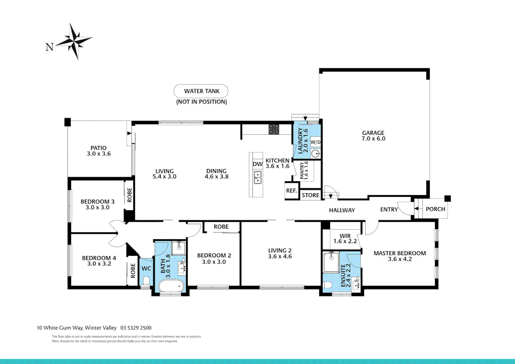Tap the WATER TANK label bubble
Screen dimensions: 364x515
pyautogui.click(x=201, y=91)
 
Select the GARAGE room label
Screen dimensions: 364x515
pyautogui.click(x=373, y=133)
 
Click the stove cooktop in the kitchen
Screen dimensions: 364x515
pyautogui.click(x=274, y=129)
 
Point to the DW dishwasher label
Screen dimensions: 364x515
pyautogui.click(x=257, y=164)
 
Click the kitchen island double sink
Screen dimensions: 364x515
pyautogui.click(x=257, y=177)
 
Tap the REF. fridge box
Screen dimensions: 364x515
pyautogui.click(x=292, y=191)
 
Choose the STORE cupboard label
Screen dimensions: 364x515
pyautogui.click(x=310, y=195)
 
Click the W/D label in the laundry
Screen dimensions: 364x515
pyautogui.click(x=315, y=142)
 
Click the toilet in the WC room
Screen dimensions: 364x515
pyautogui.click(x=146, y=280)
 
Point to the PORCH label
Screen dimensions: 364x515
pyautogui.click(x=435, y=209)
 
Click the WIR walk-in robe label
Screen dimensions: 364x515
pyautogui.click(x=345, y=236)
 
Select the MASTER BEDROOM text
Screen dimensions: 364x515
pyautogui.click(x=399, y=253)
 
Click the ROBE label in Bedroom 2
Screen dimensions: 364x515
pyautogui.click(x=221, y=227)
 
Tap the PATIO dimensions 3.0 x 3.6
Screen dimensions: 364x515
pyautogui.click(x=99, y=154)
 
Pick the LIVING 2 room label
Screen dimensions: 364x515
pyautogui.click(x=280, y=250)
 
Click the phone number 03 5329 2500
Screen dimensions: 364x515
pyautogui.click(x=136, y=328)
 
